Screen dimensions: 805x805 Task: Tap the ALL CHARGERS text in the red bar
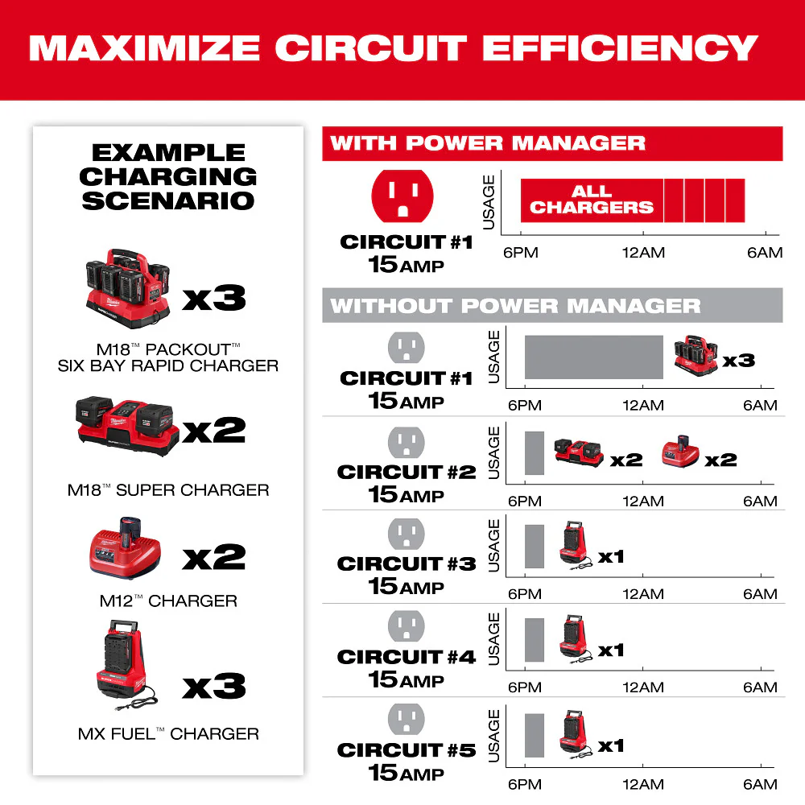pyautogui.click(x=591, y=200)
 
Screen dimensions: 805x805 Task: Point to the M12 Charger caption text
pyautogui.click(x=168, y=601)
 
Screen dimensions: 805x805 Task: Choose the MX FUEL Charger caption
pyautogui.click(x=168, y=733)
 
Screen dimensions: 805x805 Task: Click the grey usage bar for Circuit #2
pyautogui.click(x=535, y=452)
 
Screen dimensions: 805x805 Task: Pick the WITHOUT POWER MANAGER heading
pyautogui.click(x=515, y=306)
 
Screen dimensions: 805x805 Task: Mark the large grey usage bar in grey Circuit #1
pyautogui.click(x=594, y=357)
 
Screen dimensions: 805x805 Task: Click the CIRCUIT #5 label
pyautogui.click(x=407, y=750)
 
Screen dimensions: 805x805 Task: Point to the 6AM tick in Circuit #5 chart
pyautogui.click(x=760, y=783)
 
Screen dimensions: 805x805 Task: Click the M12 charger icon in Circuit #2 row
pyautogui.click(x=680, y=454)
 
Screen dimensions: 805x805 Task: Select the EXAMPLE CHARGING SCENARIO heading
pyautogui.click(x=168, y=176)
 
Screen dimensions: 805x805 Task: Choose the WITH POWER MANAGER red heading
pyautogui.click(x=488, y=144)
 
